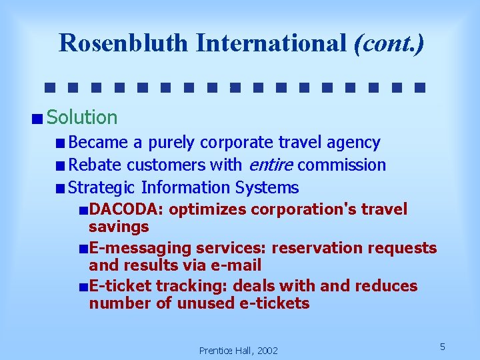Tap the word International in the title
coord(271,43)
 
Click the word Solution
coord(83,118)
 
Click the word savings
coord(119,227)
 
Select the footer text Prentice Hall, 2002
coord(239,351)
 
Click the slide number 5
coord(442,347)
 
